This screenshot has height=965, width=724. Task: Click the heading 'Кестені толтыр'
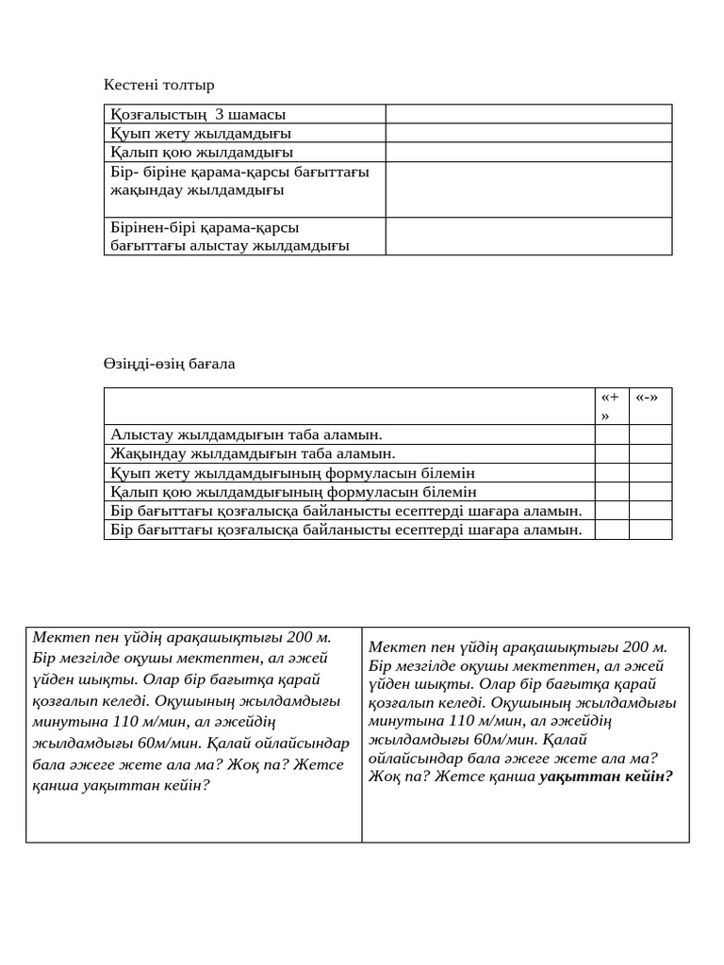158,85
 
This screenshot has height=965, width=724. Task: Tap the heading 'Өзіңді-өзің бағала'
169,364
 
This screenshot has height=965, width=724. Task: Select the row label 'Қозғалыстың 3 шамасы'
198,114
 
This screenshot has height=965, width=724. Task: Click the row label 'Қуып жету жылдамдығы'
201,133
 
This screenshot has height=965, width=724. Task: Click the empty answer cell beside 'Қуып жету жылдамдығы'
528,133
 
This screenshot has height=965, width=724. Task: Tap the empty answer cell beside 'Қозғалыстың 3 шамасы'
528,114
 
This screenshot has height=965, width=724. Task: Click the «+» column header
611,406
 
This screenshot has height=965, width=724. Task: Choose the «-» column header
649,397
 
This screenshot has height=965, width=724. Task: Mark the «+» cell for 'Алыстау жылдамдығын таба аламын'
611,434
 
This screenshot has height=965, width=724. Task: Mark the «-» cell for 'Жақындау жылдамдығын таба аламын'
650,453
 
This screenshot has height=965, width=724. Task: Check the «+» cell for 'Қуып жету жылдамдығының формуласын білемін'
611,473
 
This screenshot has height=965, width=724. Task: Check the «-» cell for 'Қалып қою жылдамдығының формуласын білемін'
650,492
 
